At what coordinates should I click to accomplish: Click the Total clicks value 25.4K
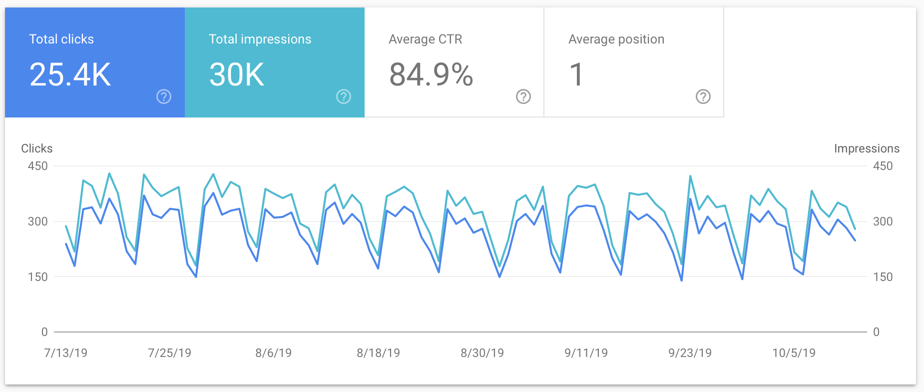(x=70, y=75)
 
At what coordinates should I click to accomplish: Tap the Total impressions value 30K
(x=236, y=75)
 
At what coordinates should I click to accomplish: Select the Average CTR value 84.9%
(x=431, y=75)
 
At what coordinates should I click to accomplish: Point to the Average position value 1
(x=576, y=75)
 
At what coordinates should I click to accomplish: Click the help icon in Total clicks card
(x=164, y=96)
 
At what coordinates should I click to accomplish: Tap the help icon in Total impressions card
(x=344, y=96)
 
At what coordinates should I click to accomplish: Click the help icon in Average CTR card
(x=523, y=96)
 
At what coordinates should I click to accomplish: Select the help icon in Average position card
(x=703, y=96)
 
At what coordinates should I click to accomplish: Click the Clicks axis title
(x=36, y=148)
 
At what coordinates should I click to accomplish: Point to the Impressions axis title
(x=867, y=148)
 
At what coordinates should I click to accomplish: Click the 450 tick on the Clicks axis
(x=38, y=166)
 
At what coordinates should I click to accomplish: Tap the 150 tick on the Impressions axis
(x=883, y=277)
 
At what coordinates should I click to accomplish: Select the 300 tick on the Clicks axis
(x=38, y=221)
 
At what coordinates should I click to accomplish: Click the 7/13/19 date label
(x=66, y=353)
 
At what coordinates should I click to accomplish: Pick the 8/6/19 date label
(x=273, y=353)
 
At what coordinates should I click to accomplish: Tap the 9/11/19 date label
(x=586, y=353)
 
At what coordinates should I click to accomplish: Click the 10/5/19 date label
(x=794, y=353)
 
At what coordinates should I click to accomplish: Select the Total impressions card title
(x=260, y=39)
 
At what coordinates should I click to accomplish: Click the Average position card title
(x=616, y=39)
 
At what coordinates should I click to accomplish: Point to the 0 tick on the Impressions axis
(x=876, y=332)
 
